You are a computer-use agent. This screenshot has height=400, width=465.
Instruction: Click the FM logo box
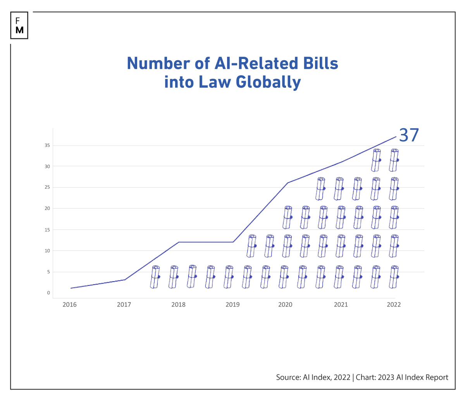point(19,26)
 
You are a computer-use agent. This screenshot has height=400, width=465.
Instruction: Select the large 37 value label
point(409,135)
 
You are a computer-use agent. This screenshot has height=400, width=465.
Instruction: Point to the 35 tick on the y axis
point(47,146)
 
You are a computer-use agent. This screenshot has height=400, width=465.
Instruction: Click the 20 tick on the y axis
point(47,209)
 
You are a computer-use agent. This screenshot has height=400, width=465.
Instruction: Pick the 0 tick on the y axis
point(48,293)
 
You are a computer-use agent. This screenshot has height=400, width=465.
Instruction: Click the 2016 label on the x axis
point(70,304)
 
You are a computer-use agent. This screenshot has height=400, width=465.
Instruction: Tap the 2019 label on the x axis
point(232,304)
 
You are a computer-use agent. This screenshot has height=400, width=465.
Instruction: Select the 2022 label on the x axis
point(394,304)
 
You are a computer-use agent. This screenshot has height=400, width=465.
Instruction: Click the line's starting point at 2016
point(71,288)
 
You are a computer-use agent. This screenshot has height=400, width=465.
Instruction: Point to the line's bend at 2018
point(179,242)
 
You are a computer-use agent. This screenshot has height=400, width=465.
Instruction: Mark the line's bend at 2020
point(287,183)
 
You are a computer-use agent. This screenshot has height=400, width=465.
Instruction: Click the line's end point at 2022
point(396,137)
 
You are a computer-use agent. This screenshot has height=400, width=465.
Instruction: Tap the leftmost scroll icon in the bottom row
point(155,277)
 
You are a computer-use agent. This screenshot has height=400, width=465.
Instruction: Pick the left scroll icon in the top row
point(376,160)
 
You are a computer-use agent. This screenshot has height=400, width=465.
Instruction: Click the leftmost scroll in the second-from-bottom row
point(252,246)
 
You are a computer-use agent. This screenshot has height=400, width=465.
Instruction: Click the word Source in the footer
point(288,377)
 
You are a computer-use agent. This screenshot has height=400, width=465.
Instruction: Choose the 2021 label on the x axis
point(341,304)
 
